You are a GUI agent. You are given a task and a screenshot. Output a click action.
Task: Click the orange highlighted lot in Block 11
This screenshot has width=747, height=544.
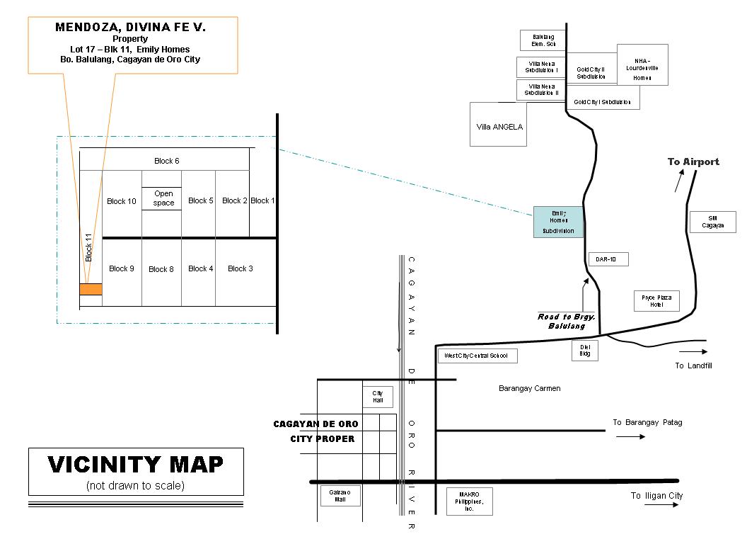[x=91, y=289]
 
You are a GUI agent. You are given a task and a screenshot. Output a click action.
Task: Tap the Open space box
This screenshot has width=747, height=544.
[x=163, y=198]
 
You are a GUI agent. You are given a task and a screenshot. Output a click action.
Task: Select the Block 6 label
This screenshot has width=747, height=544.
[x=167, y=161]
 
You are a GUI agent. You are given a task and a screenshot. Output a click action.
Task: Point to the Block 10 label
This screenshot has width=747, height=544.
[x=122, y=201]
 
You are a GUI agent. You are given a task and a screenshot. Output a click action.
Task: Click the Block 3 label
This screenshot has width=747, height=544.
[x=241, y=268]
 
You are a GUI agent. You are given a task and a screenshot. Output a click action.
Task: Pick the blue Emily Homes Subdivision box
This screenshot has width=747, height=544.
[x=559, y=222]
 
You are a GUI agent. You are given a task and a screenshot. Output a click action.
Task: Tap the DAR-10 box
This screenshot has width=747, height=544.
[x=607, y=260]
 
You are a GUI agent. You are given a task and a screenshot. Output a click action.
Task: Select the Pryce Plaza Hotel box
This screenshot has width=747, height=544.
[x=656, y=301]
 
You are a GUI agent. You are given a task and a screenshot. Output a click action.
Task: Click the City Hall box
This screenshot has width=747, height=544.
[x=378, y=397]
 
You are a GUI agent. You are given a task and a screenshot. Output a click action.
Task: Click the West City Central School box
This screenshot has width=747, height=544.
[x=477, y=356]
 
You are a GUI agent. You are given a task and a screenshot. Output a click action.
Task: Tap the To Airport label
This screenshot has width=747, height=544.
[x=693, y=161]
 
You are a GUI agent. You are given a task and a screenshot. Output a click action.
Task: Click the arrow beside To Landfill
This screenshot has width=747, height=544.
[x=693, y=351]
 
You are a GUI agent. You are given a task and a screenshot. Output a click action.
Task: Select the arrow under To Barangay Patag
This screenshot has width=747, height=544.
[x=630, y=436]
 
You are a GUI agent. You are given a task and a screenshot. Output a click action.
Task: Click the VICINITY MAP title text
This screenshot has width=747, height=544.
[x=136, y=465]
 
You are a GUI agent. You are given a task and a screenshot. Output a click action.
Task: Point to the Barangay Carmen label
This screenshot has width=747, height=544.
[x=529, y=388]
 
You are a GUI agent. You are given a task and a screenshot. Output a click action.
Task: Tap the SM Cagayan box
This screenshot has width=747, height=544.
[x=712, y=222]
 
